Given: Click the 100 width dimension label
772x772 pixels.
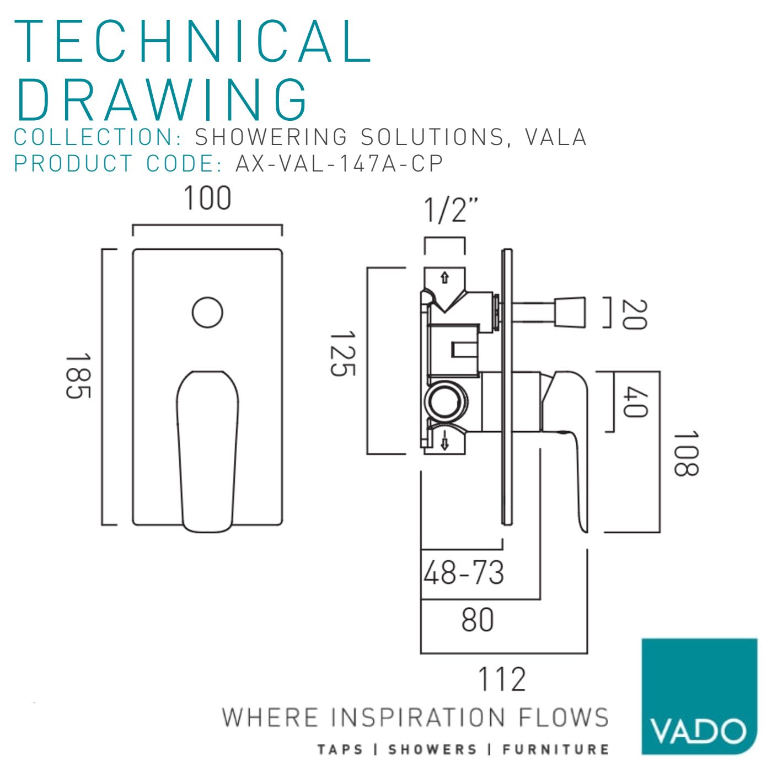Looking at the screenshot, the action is (207, 198).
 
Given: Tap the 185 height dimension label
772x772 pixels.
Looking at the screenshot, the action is (78, 376).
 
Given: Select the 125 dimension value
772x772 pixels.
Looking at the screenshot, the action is (342, 353).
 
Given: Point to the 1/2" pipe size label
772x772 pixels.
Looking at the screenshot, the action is (451, 210).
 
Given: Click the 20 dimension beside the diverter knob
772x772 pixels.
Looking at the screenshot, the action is (634, 314).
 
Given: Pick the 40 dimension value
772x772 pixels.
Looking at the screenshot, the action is (635, 402).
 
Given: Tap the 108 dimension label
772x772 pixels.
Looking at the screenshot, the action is (686, 453).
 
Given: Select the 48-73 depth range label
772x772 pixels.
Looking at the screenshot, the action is (464, 572).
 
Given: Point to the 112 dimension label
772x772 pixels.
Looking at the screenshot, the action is (502, 679).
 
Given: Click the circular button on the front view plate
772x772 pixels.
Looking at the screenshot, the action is (207, 313).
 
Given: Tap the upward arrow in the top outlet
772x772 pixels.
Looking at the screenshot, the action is (444, 277).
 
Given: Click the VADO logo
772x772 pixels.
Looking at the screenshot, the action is (699, 696).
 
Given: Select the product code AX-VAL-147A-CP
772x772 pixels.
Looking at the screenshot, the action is (339, 163).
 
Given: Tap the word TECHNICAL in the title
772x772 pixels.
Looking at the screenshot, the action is (192, 41).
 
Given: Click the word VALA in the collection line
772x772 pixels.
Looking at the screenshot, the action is (555, 137).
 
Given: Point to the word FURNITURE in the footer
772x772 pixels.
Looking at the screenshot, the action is (555, 749).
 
